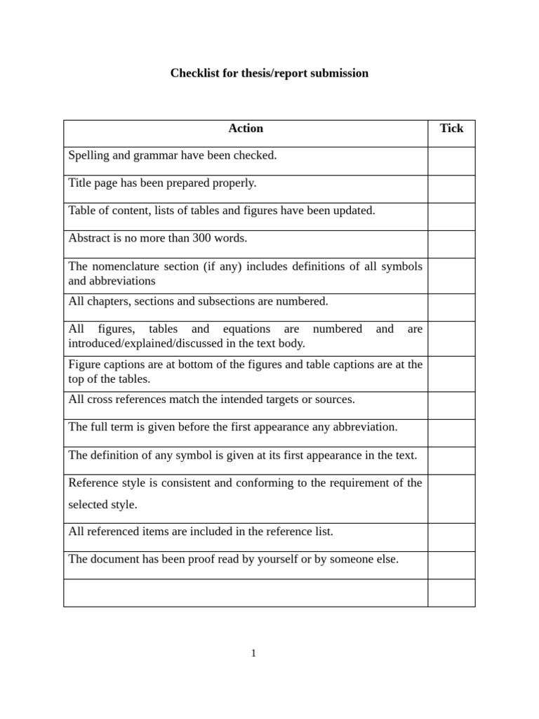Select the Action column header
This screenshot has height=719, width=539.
tap(246, 128)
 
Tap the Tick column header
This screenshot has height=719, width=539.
tap(451, 128)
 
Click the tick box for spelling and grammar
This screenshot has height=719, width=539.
tap(451, 161)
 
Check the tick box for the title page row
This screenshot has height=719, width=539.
tap(451, 189)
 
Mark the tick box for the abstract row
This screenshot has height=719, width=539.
tap(451, 244)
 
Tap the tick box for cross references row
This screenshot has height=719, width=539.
tap(451, 405)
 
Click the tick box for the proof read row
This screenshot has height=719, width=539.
tap(451, 565)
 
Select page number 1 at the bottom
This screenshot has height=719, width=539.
tap(254, 654)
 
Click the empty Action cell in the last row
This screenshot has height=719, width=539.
tap(246, 593)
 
